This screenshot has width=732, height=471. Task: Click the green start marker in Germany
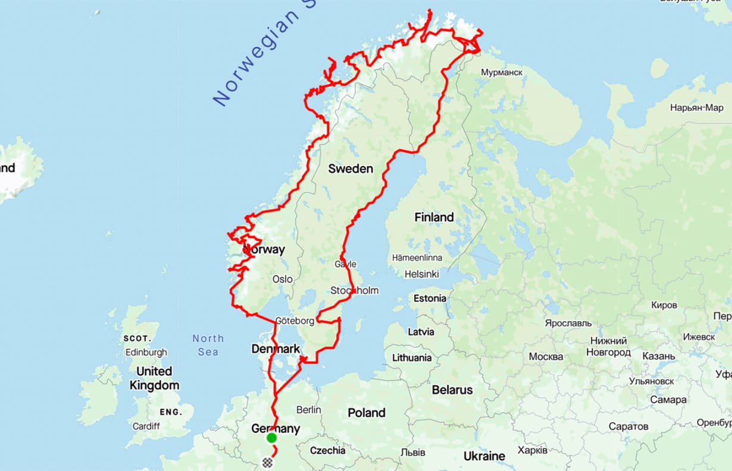click(271, 438)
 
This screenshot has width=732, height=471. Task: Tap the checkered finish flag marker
click(267, 461)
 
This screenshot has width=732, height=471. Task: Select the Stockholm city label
click(355, 291)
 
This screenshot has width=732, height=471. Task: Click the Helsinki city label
click(421, 274)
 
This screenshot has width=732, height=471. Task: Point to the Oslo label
click(282, 279)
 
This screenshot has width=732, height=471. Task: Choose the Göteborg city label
click(294, 321)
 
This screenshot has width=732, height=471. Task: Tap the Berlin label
click(308, 410)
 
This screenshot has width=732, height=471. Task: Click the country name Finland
click(434, 218)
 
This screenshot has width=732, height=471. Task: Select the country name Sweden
click(351, 169)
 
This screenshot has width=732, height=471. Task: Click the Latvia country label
click(421, 332)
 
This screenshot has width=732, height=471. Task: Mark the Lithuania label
click(412, 358)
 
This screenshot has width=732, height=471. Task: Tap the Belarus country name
click(452, 390)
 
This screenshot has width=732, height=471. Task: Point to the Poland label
click(367, 413)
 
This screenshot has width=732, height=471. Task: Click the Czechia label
click(327, 450)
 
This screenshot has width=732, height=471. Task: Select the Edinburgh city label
click(146, 352)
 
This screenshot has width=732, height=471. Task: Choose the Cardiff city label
click(146, 426)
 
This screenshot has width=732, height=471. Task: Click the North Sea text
click(208, 345)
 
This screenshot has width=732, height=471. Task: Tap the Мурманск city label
click(501, 72)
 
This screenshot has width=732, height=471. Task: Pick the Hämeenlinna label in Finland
click(417, 258)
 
